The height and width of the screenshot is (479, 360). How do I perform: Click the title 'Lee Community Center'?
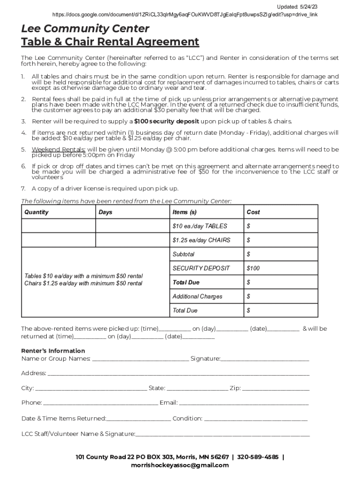85,29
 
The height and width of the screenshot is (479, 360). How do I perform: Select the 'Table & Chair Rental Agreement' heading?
110,42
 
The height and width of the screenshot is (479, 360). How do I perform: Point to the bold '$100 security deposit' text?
166,121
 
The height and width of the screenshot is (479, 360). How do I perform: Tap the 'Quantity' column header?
36,212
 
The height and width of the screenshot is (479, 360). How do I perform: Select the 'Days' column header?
106,212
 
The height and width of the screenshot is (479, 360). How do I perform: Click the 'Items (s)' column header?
184,212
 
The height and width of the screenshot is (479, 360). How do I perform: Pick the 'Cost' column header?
253,212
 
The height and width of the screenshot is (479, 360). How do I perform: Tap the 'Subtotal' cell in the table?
183,254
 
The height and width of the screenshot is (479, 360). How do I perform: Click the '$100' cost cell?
253,268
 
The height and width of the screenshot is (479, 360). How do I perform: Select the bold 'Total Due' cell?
186,282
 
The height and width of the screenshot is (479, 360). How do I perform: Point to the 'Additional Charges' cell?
197,296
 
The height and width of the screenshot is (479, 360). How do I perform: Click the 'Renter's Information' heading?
53,351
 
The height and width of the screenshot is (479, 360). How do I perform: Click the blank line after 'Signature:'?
265,359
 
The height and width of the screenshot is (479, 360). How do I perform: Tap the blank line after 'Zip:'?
275,389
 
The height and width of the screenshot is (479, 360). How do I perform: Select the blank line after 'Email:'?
244,403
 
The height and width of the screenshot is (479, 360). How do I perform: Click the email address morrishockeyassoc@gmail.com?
180,465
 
